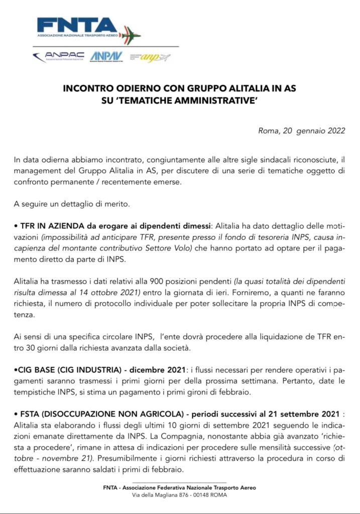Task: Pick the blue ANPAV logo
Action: [106, 57]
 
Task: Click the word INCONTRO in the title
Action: [100, 88]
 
